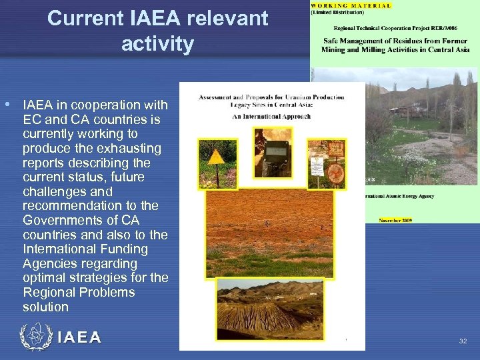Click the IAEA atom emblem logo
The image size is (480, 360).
tap(36, 337)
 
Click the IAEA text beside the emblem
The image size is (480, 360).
tap(79, 338)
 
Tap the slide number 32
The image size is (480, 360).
tap(463, 341)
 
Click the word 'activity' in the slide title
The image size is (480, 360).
tap(157, 45)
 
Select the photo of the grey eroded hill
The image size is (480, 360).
tap(269, 308)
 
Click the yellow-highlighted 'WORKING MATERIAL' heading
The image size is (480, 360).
tap(351, 5)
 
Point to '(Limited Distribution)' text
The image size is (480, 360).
tap(337, 13)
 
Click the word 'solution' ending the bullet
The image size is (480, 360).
tap(45, 307)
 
